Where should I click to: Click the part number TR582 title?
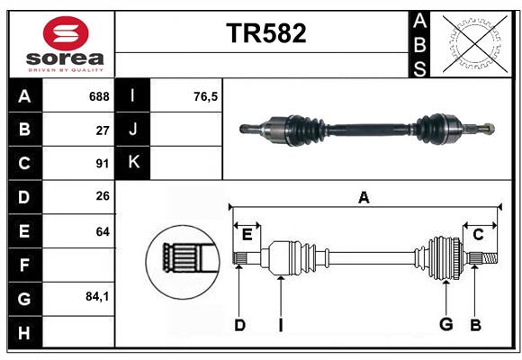(x=265, y=33)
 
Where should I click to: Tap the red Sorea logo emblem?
(x=65, y=36)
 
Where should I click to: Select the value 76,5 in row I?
(x=206, y=96)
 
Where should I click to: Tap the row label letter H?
(x=24, y=332)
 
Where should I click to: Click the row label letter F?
(x=24, y=265)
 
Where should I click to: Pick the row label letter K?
(x=133, y=163)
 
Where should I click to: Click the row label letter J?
(x=133, y=130)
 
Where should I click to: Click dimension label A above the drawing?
(x=364, y=197)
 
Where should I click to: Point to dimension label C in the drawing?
(x=478, y=234)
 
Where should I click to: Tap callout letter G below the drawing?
(x=445, y=324)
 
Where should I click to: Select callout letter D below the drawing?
(x=239, y=324)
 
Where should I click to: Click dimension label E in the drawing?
(x=247, y=234)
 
